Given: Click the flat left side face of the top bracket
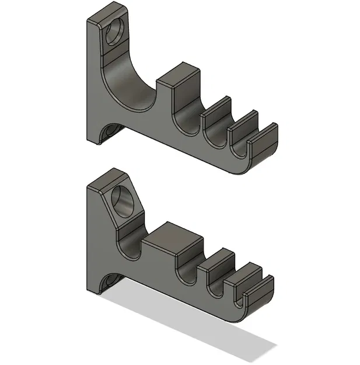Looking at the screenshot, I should (x=93, y=88).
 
